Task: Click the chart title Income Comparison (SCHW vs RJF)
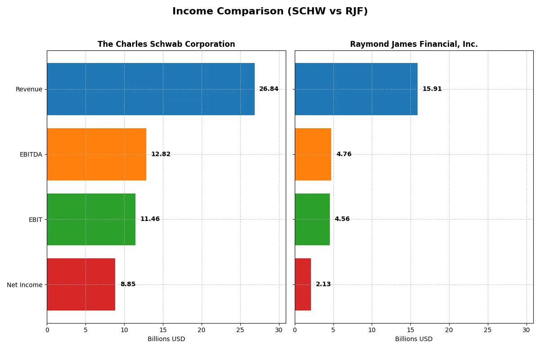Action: coord(270,12)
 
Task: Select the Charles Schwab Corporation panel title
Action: coord(166,44)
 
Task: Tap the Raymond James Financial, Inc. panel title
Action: coord(414,44)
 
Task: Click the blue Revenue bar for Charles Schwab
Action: coord(151,89)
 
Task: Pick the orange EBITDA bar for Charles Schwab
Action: coord(96,154)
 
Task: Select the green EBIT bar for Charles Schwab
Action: coord(91,219)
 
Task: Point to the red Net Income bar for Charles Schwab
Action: coord(81,284)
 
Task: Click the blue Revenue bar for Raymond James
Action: coord(356,89)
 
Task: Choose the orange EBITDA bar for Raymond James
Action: coord(313,154)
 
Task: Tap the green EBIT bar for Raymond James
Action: coord(312,219)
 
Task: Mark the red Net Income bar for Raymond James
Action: coord(303,284)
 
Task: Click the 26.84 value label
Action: coord(269,89)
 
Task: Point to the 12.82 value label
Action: coord(161,154)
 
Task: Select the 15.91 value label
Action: coord(432,89)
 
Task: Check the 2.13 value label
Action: coord(323,284)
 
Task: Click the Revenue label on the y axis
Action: coord(29,89)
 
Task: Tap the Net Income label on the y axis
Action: coord(25,285)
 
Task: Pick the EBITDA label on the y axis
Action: coord(31,154)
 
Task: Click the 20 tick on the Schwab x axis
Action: coord(202,330)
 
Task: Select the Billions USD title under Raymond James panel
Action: coord(414,339)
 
